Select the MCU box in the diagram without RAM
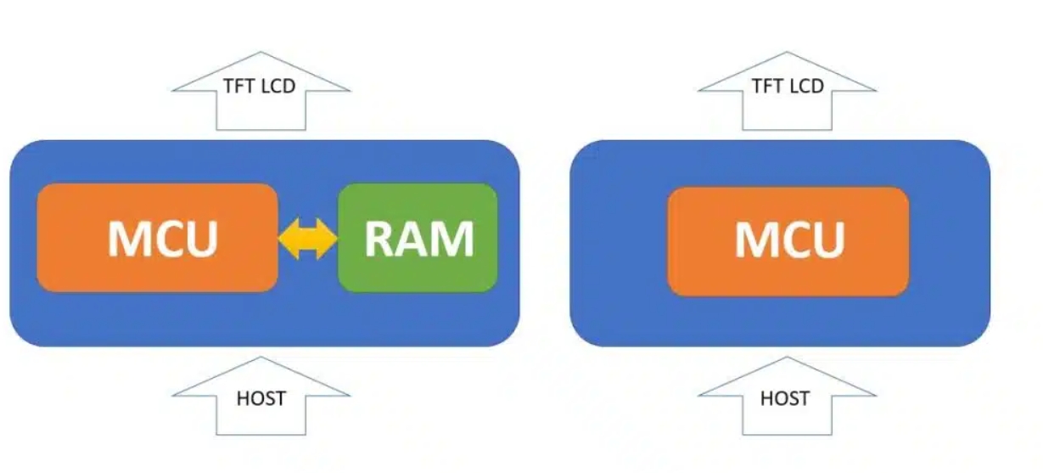[788, 241]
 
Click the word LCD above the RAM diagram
[278, 86]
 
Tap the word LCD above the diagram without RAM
[805, 86]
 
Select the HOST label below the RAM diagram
[261, 398]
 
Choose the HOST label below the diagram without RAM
[785, 398]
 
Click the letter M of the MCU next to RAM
[126, 239]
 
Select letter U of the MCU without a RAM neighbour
[827, 240]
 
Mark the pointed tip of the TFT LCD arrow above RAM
[261, 51]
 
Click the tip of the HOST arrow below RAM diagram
[261, 358]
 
